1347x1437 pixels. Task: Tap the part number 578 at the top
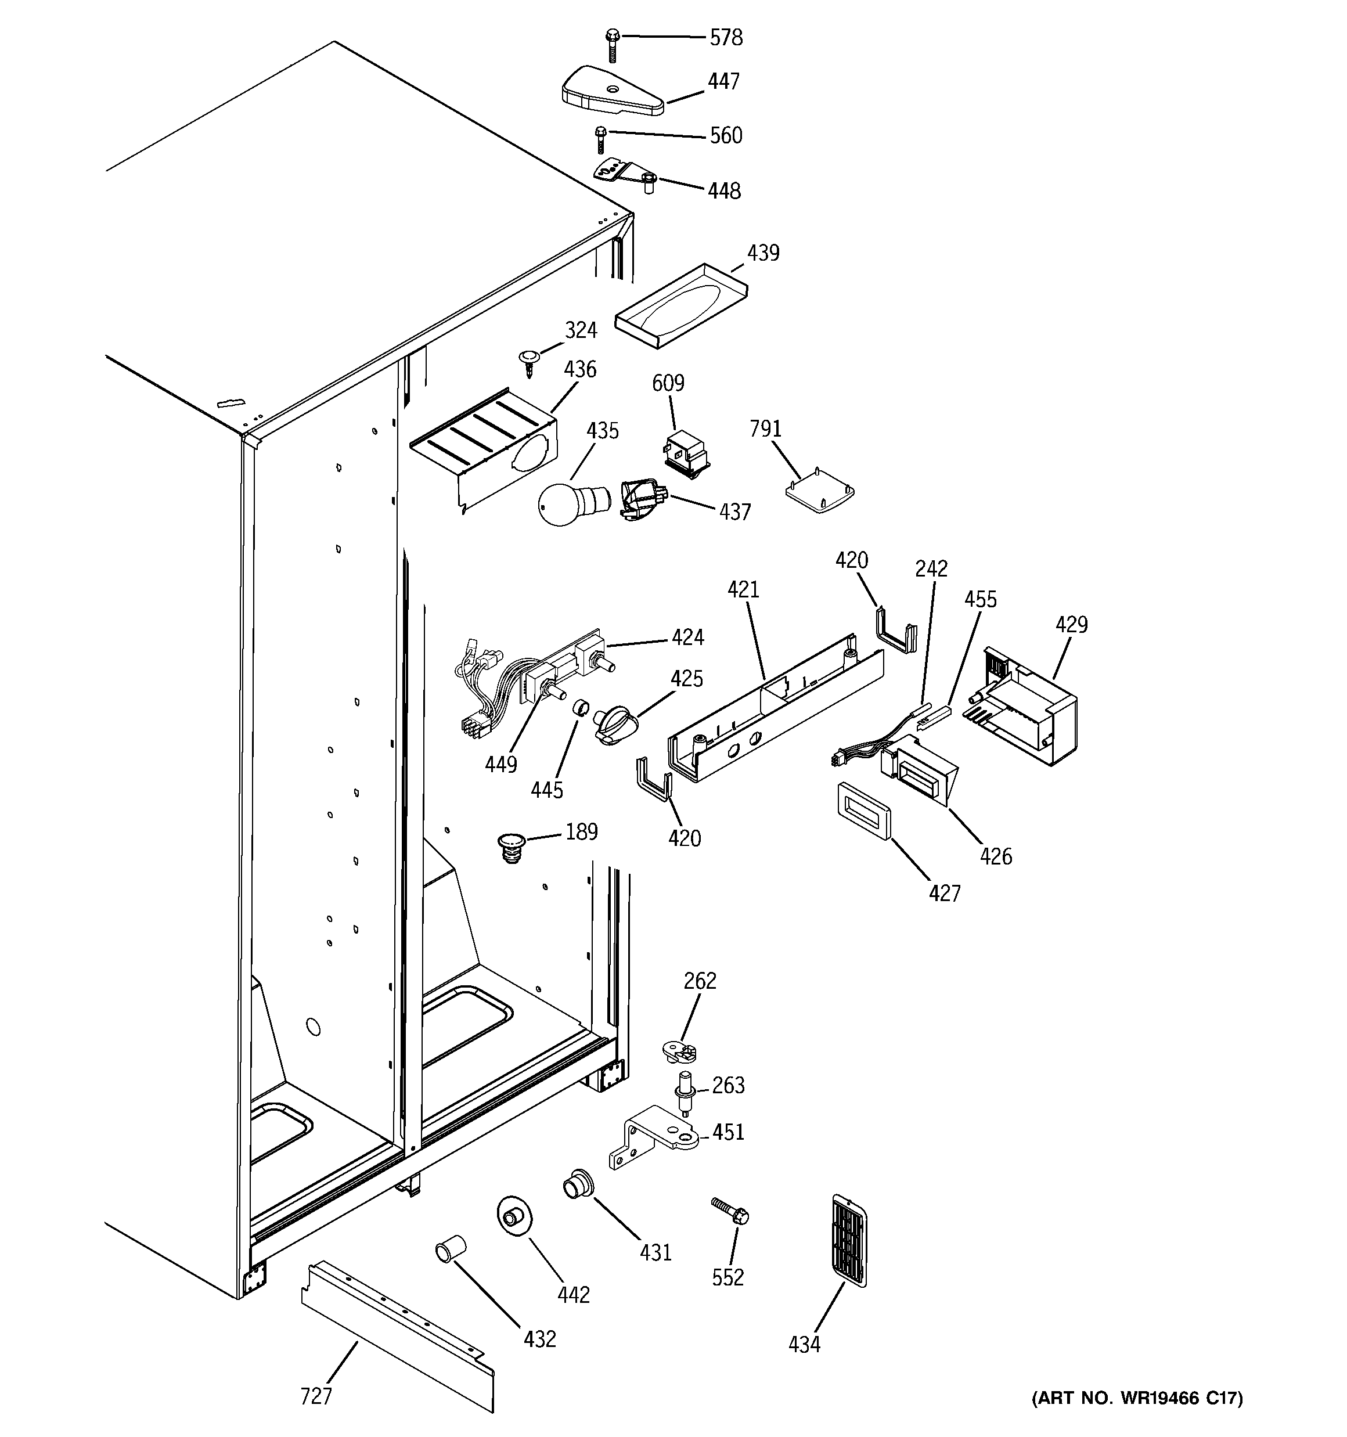(x=725, y=38)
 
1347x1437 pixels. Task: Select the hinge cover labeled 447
(x=611, y=92)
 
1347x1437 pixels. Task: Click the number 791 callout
(x=765, y=430)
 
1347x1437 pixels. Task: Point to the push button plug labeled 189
(x=512, y=847)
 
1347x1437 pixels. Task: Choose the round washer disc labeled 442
(x=513, y=1218)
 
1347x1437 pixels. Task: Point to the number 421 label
(x=743, y=590)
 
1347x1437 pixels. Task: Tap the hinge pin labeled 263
(x=683, y=1093)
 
